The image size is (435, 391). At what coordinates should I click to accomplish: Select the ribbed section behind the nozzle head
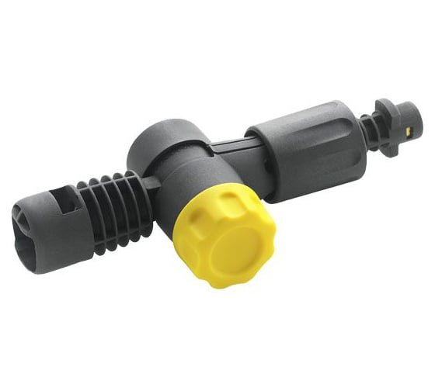(109, 209)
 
